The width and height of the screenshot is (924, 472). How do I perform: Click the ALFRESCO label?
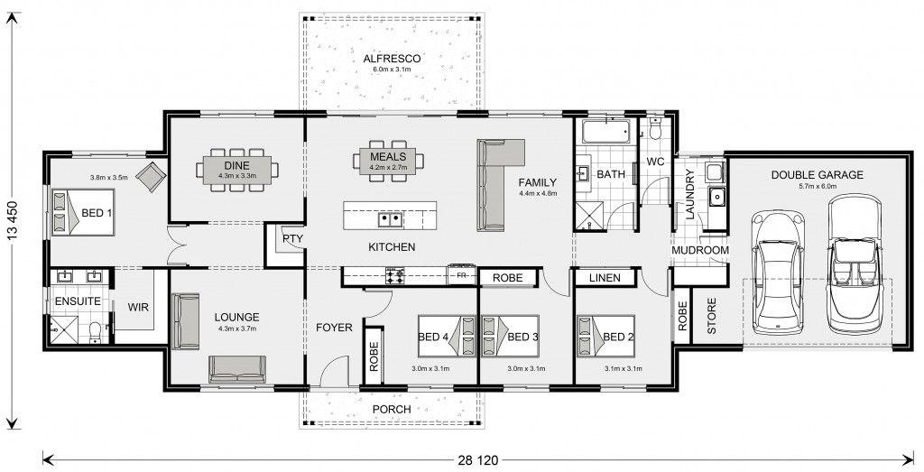(392, 59)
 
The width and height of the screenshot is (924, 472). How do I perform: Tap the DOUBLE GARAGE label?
(817, 175)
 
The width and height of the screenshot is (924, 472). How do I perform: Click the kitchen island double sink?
(390, 220)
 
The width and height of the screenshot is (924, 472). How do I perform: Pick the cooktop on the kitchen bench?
(395, 275)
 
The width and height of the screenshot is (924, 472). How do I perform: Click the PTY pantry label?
(292, 238)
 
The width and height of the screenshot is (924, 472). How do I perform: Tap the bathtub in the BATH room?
(606, 132)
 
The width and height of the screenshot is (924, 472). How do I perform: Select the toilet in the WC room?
(655, 128)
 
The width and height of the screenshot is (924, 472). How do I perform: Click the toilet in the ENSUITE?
(96, 333)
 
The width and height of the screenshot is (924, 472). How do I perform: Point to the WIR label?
(138, 307)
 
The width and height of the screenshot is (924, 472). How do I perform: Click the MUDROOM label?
(700, 250)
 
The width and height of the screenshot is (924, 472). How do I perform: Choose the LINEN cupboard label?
(605, 278)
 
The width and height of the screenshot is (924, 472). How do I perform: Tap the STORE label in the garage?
(711, 316)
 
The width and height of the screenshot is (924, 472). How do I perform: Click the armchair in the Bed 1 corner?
(152, 176)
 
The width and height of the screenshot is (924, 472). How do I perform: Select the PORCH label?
(392, 409)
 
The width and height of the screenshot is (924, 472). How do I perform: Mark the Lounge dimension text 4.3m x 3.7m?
(237, 329)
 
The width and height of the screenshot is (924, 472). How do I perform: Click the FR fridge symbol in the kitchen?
(462, 274)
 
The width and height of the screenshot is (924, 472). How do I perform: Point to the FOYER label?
(334, 328)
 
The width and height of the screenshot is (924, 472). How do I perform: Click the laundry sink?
(716, 196)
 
